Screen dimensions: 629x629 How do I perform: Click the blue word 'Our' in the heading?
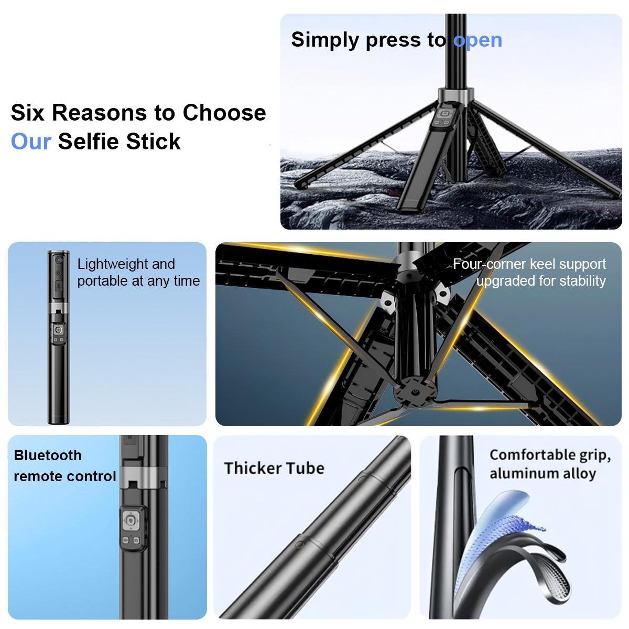click(x=31, y=142)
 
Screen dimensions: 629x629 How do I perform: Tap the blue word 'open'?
click(x=478, y=41)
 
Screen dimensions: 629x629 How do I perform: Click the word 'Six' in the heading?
click(x=27, y=113)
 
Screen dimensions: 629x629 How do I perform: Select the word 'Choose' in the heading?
click(x=224, y=113)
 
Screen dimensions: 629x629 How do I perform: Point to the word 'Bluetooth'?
click(x=48, y=455)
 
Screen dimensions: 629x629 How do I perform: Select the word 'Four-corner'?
click(x=489, y=264)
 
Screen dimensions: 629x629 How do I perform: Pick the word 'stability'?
click(x=578, y=281)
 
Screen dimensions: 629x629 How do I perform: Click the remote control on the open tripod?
click(x=444, y=117)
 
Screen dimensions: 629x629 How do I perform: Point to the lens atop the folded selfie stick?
click(x=58, y=260)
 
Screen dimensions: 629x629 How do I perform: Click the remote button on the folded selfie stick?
click(x=58, y=330)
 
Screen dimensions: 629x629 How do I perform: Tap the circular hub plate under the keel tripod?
click(x=414, y=392)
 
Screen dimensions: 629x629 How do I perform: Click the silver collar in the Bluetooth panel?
click(x=144, y=477)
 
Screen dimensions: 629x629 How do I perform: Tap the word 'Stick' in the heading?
click(x=153, y=142)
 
